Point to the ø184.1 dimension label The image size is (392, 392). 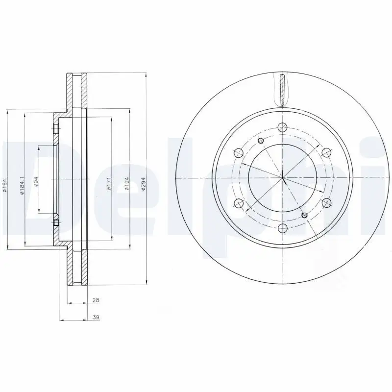point(22,186)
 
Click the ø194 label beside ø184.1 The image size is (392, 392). point(4,184)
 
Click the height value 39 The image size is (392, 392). point(96,318)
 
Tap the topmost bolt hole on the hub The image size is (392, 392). point(282,127)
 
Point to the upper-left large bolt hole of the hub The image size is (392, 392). point(239,151)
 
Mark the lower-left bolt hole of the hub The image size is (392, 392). point(239,202)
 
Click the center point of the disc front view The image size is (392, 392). point(283,177)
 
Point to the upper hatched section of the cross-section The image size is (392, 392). point(77,92)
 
